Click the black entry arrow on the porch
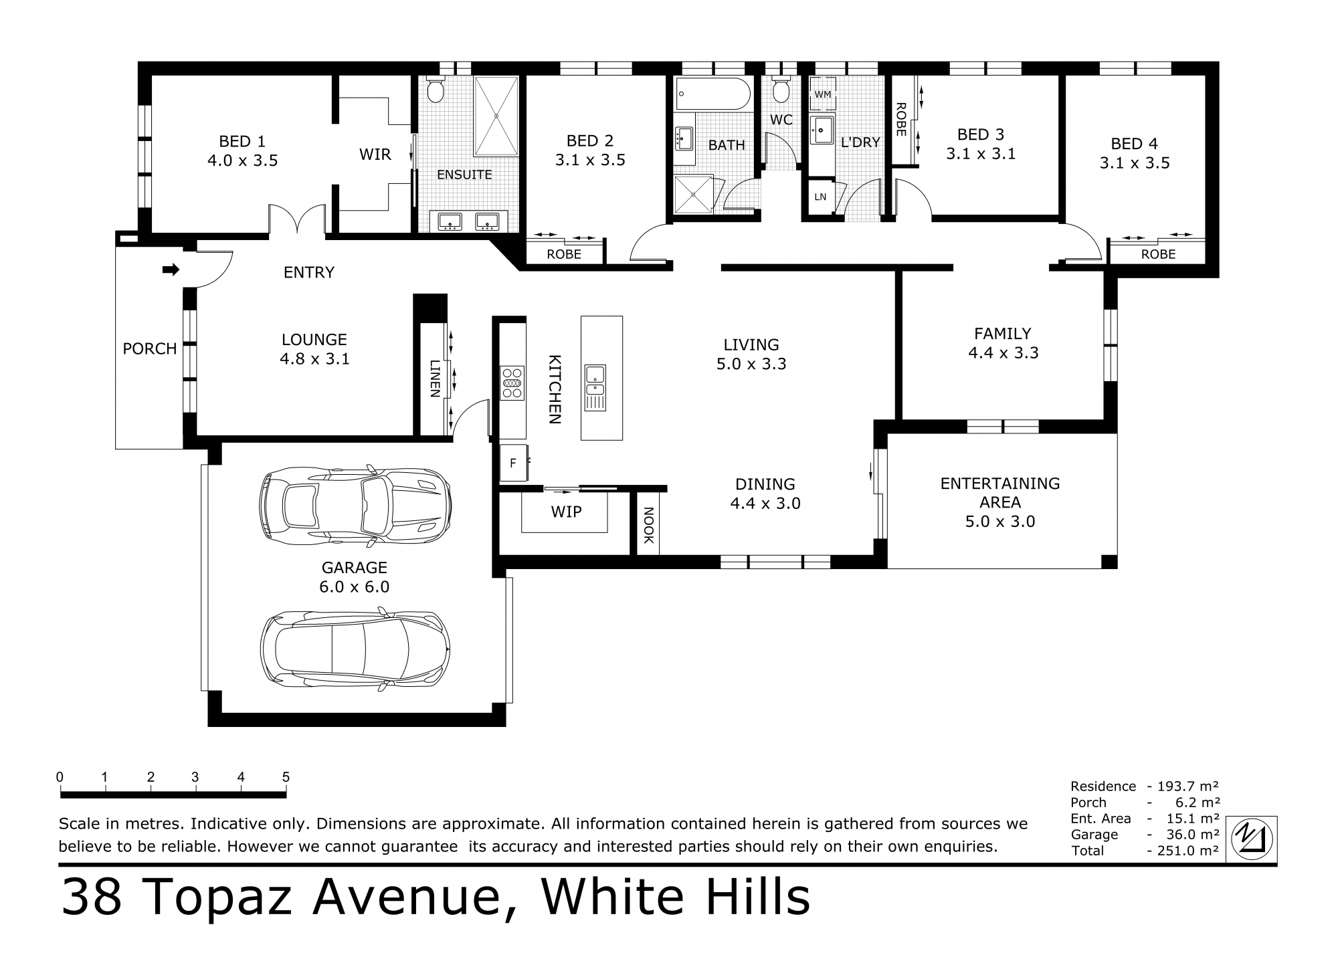pyautogui.click(x=171, y=270)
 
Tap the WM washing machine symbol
pyautogui.click(x=822, y=94)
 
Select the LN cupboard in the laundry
pyautogui.click(x=820, y=197)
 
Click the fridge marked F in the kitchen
pyautogui.click(x=513, y=463)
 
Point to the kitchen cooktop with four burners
pyautogui.click(x=512, y=383)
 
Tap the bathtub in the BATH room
pyautogui.click(x=712, y=94)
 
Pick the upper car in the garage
pyautogui.click(x=355, y=504)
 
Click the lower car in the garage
pyautogui.click(x=355, y=649)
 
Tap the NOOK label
pyautogui.click(x=648, y=526)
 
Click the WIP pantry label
pyautogui.click(x=566, y=512)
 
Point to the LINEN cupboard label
pyautogui.click(x=434, y=379)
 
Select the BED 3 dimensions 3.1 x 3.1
pyautogui.click(x=980, y=154)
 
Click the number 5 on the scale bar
pyautogui.click(x=286, y=777)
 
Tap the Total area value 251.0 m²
pyautogui.click(x=1185, y=851)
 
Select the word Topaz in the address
pyautogui.click(x=218, y=898)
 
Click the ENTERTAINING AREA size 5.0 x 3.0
pyautogui.click(x=999, y=522)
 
